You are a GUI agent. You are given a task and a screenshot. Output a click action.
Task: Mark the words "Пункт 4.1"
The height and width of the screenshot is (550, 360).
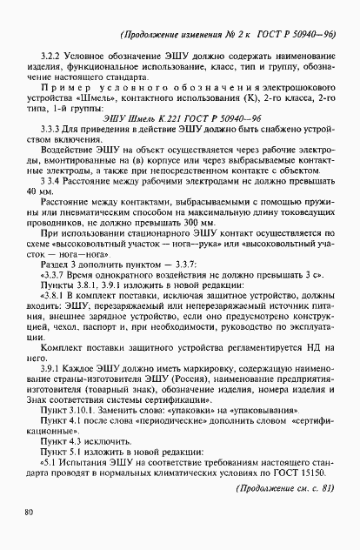coord(60,422)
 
